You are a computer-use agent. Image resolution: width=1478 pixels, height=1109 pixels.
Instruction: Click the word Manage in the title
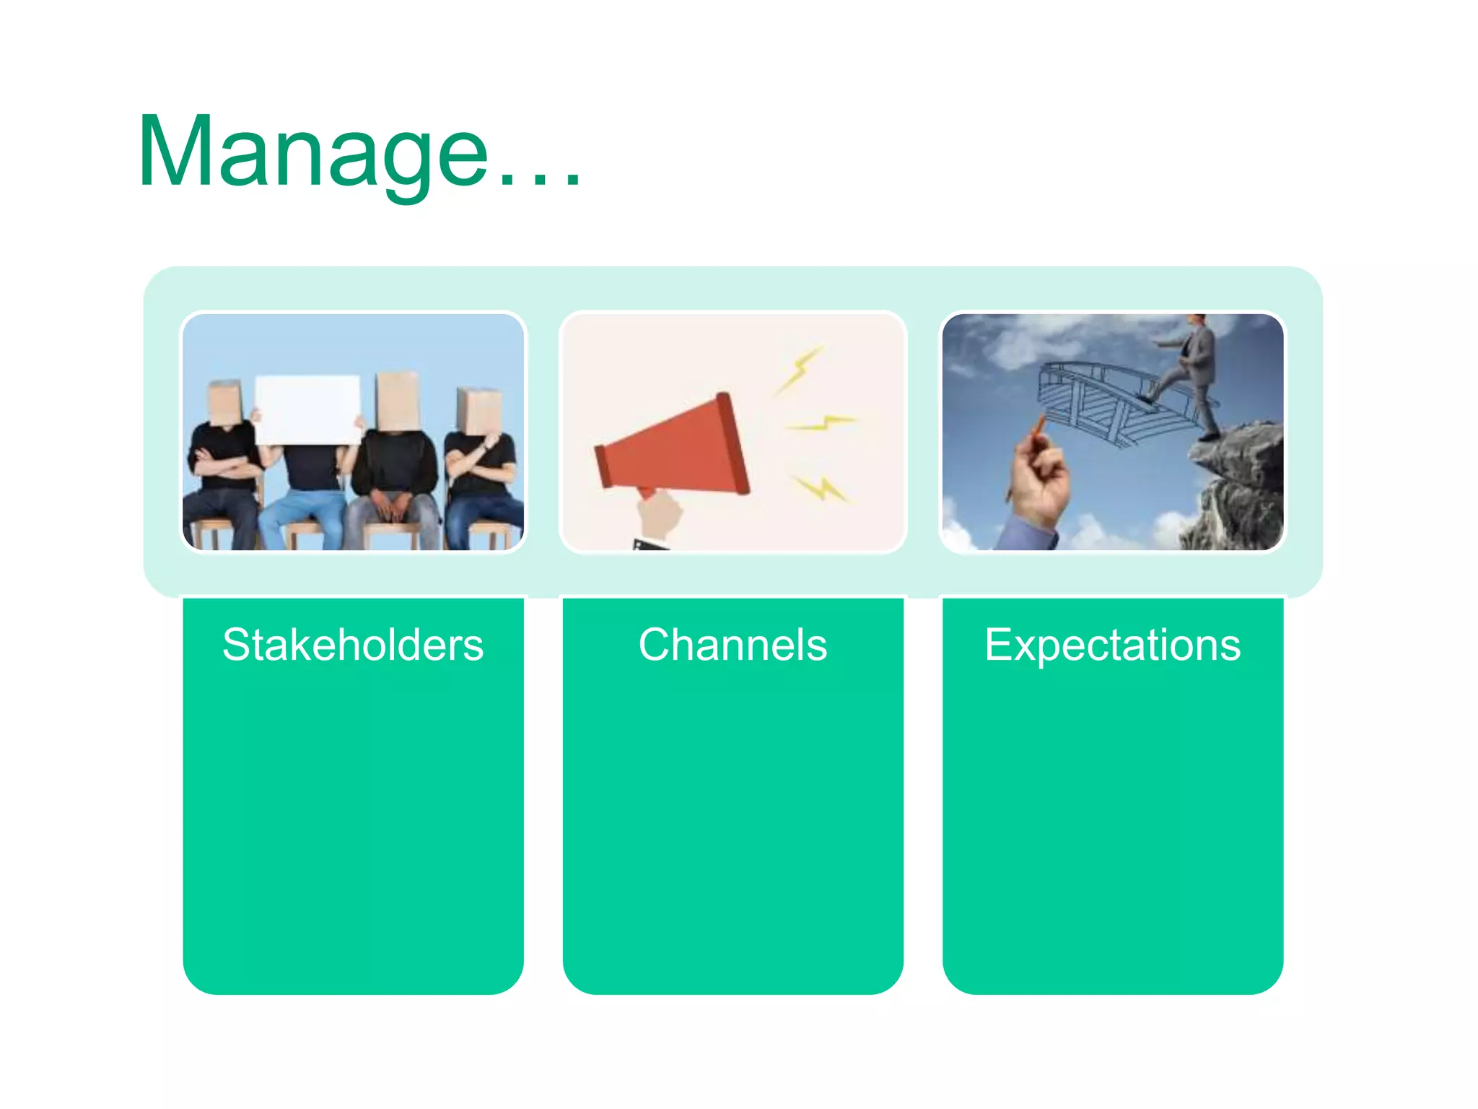point(314,153)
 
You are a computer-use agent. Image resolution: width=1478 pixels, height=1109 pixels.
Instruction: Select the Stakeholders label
point(353,645)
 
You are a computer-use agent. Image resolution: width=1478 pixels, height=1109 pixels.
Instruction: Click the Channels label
point(733,645)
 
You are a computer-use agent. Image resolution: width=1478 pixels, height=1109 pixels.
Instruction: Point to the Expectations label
point(1112,645)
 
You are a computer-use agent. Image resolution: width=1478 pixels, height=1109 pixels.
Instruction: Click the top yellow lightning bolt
point(800,370)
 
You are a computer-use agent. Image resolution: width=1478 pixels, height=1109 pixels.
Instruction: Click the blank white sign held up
point(308,409)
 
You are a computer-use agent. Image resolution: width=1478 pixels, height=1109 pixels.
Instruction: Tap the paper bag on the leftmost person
point(224,402)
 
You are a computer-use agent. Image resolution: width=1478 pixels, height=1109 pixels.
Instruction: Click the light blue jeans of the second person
point(303,516)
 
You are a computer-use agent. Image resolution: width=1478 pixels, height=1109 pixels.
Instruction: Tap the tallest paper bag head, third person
point(398,401)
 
